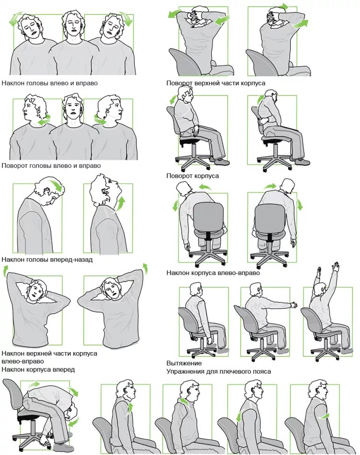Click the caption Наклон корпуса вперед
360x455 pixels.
click(x=38, y=369)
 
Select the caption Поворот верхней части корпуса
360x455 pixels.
click(x=216, y=83)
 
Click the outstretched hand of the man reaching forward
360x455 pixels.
click(x=293, y=305)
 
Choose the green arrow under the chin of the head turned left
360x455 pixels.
click(x=44, y=121)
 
